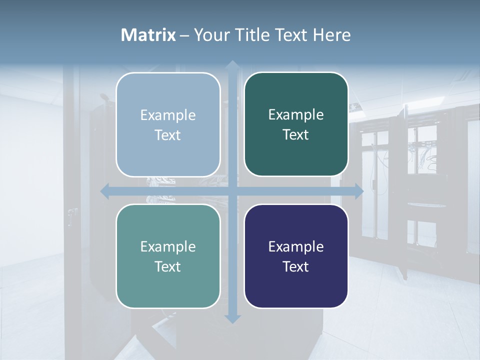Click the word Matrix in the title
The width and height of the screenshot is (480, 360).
(148, 35)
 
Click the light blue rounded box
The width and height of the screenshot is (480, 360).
(168, 124)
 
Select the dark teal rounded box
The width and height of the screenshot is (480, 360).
(296, 124)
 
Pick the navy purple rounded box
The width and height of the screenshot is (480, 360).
(296, 256)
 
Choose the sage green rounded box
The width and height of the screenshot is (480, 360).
(168, 256)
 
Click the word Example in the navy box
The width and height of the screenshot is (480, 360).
(296, 246)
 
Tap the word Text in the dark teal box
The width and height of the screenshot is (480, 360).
(296, 134)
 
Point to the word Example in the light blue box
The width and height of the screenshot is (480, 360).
(168, 115)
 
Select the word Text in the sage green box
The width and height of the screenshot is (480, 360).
(168, 266)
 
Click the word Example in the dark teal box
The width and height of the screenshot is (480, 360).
(296, 114)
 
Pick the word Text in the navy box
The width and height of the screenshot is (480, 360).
(296, 266)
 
